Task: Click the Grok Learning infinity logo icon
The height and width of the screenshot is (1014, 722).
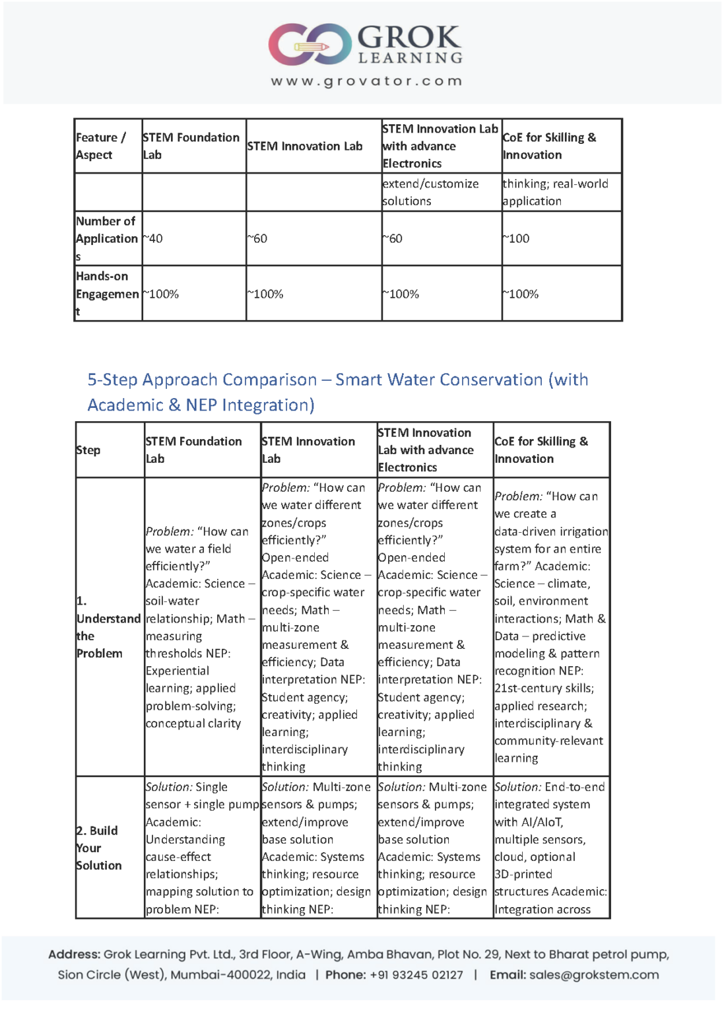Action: pos(310,44)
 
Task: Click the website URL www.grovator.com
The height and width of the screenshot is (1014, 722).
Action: pos(366,81)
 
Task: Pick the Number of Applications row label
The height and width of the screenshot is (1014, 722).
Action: pos(106,238)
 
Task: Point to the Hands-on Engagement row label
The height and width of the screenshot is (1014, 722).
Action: pos(107,294)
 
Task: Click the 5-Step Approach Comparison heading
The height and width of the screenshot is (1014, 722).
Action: pos(337,392)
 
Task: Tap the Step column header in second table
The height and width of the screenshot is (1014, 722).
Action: pos(88,450)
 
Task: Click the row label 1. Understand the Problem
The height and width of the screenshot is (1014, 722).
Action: pos(108,627)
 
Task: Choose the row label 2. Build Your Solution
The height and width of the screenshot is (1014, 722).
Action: pos(99,848)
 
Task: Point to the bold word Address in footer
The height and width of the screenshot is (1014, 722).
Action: pos(74,955)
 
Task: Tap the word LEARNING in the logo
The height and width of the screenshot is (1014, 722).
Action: pos(410,58)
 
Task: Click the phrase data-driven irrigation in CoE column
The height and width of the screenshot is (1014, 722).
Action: pos(551,531)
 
